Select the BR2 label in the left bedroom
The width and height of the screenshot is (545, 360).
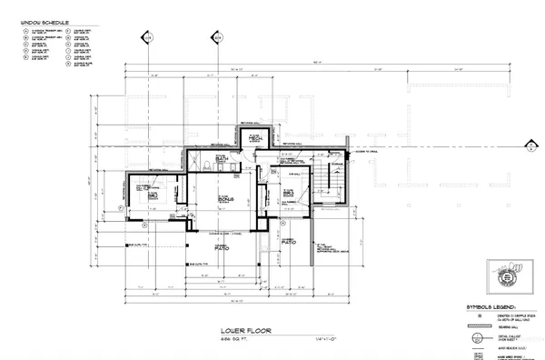tap(154, 195)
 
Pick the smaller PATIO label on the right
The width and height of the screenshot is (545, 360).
tap(290, 244)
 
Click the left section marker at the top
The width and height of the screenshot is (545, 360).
tap(148, 37)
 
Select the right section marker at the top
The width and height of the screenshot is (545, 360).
tap(216, 37)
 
